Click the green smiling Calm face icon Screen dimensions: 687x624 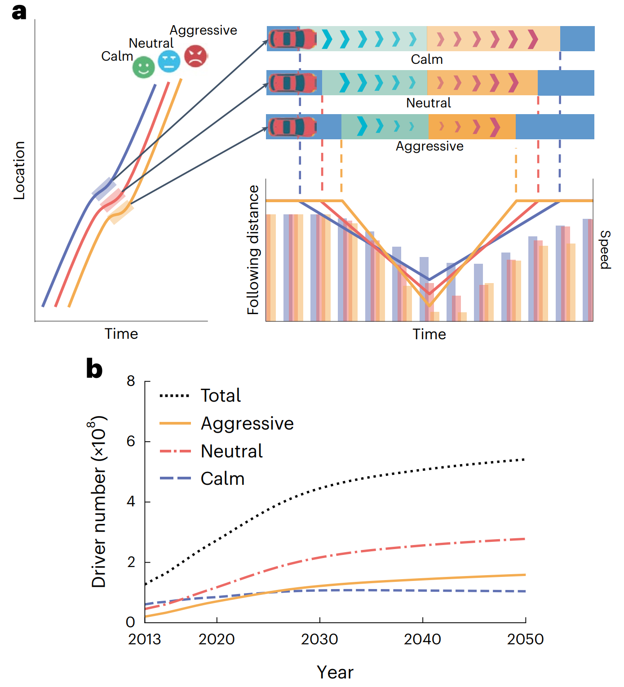click(x=143, y=67)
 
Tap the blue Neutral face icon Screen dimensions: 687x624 click(x=169, y=61)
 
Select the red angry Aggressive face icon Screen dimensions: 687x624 click(x=195, y=56)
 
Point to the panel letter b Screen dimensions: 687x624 click(x=94, y=369)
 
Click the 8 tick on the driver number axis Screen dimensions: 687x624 click(x=131, y=381)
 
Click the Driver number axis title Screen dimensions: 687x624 click(x=99, y=501)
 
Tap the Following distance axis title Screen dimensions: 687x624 click(x=254, y=250)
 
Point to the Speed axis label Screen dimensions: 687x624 click(x=605, y=250)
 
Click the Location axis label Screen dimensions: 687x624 click(x=19, y=170)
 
